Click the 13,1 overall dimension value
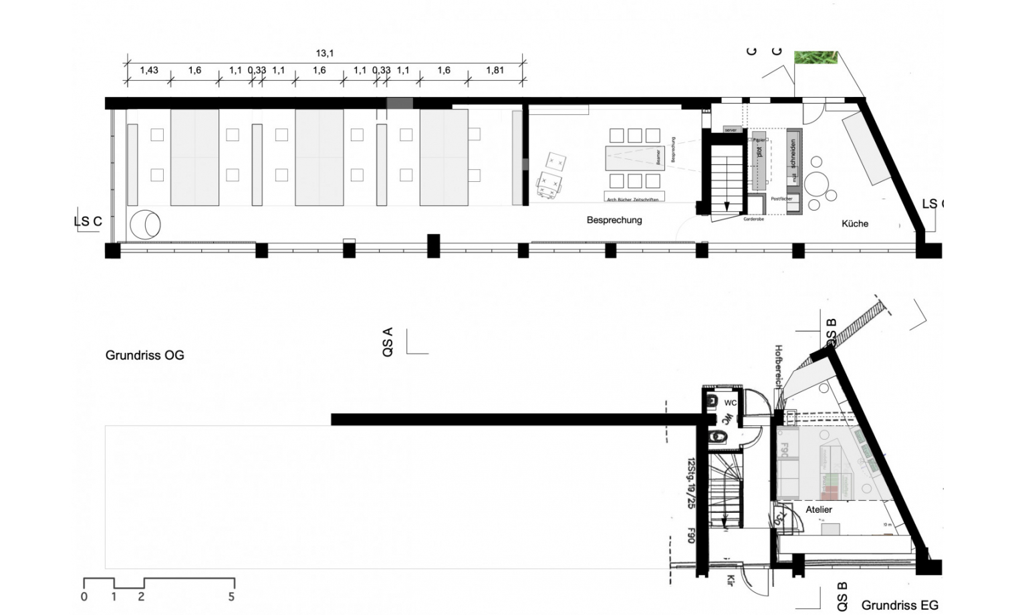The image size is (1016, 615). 325,53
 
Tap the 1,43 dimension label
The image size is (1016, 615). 149,70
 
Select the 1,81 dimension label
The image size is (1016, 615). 495,70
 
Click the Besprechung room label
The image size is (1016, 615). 614,220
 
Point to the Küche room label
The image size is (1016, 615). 855,224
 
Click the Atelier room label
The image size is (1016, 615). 819,509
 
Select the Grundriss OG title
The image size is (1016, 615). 144,355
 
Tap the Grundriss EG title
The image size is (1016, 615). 900,605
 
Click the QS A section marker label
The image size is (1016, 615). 388,342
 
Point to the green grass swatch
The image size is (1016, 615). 815,57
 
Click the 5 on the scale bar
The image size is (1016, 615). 231,596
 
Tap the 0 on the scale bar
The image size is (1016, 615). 84,596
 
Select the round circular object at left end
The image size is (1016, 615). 145,224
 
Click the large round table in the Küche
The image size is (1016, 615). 817,182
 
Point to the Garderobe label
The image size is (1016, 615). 753,219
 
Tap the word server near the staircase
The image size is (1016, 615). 731,130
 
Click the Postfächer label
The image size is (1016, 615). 781,199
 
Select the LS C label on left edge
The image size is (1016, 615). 88,221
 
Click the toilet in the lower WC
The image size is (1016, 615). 718,437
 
